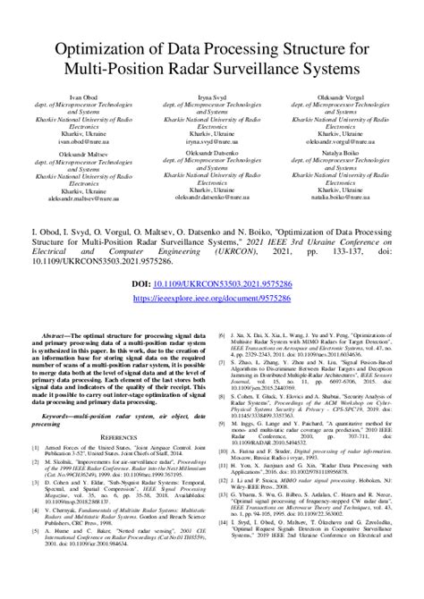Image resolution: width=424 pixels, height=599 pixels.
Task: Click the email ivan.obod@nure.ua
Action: click(71, 139)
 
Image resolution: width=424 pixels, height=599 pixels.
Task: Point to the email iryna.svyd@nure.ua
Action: click(212, 139)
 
